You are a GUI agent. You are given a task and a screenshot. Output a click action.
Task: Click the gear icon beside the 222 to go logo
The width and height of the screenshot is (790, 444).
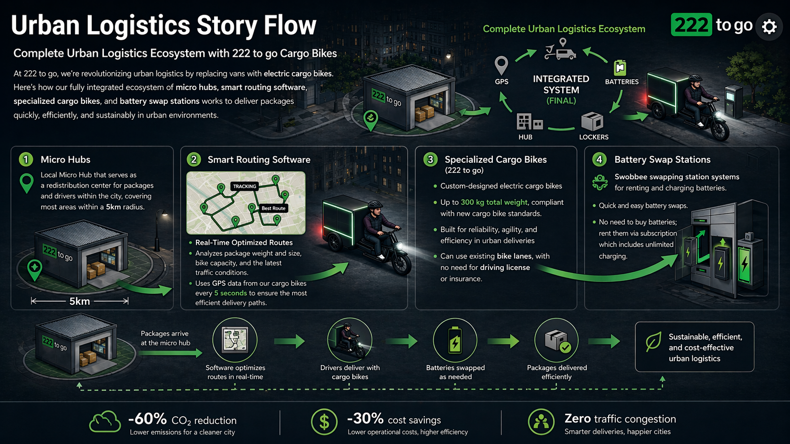(x=769, y=27)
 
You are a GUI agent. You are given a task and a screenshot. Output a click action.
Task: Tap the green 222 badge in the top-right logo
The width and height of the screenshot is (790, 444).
(x=691, y=25)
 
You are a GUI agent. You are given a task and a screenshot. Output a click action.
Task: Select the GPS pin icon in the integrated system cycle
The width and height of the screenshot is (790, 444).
(x=501, y=66)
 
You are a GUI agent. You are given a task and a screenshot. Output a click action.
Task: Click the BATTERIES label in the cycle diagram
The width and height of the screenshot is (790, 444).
(x=622, y=82)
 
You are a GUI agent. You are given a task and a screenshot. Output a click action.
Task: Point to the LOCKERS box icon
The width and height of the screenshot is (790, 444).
(x=592, y=121)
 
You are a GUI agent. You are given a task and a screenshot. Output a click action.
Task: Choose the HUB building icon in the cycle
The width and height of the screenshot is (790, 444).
(x=529, y=122)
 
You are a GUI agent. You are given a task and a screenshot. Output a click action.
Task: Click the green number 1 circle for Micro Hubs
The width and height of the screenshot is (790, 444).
(x=26, y=159)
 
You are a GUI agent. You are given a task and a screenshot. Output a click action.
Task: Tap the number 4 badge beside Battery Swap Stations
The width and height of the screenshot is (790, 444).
(x=599, y=159)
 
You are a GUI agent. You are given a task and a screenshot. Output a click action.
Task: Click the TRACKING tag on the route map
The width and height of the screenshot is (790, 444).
(x=244, y=186)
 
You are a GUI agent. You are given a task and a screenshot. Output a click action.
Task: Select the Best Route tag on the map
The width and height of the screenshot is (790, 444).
(x=273, y=208)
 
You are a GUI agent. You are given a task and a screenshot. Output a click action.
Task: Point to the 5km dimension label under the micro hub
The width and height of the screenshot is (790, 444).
(x=79, y=301)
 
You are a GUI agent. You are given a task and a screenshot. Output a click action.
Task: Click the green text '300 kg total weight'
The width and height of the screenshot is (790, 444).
(x=494, y=202)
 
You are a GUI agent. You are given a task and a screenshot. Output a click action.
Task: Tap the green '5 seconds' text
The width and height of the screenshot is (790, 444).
(x=231, y=293)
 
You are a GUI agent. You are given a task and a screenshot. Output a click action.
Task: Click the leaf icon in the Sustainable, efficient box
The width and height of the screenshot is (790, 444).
(x=653, y=342)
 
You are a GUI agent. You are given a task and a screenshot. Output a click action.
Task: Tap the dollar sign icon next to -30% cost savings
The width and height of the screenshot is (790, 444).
(x=324, y=422)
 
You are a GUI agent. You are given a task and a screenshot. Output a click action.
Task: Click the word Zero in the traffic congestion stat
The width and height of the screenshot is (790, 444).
(x=577, y=419)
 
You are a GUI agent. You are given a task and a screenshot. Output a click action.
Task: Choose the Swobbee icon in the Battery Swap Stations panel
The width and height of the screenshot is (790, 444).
(x=600, y=183)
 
